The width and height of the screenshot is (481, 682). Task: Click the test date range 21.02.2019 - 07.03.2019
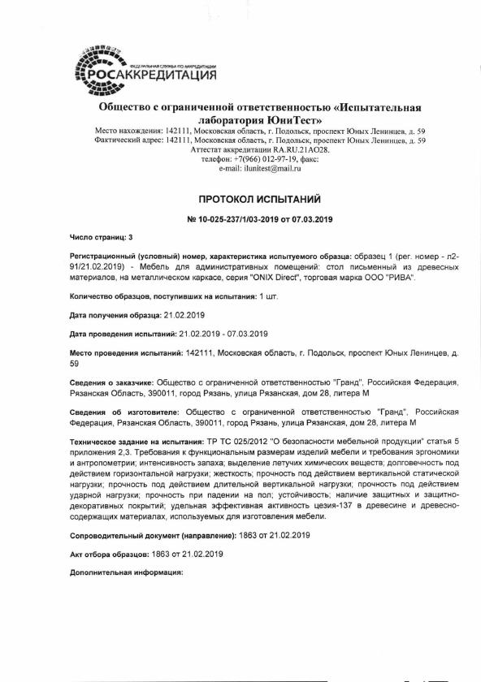pyautogui.click(x=223, y=334)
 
